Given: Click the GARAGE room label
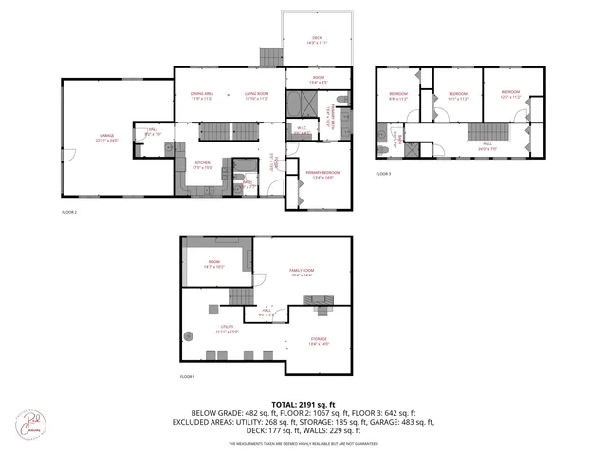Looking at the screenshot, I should [104, 137].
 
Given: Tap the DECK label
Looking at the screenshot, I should [316, 39].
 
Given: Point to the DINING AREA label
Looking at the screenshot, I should [200, 95].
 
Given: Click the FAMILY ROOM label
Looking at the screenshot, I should [302, 272].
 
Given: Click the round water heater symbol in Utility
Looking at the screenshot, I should [189, 334].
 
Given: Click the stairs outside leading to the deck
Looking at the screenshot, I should [268, 58].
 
